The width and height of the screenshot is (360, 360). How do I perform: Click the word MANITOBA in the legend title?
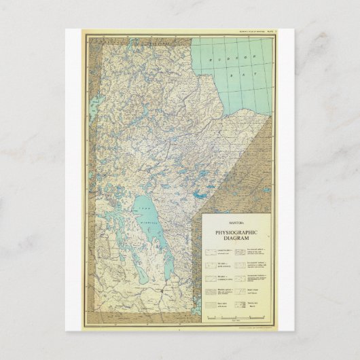click(x=237, y=221)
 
